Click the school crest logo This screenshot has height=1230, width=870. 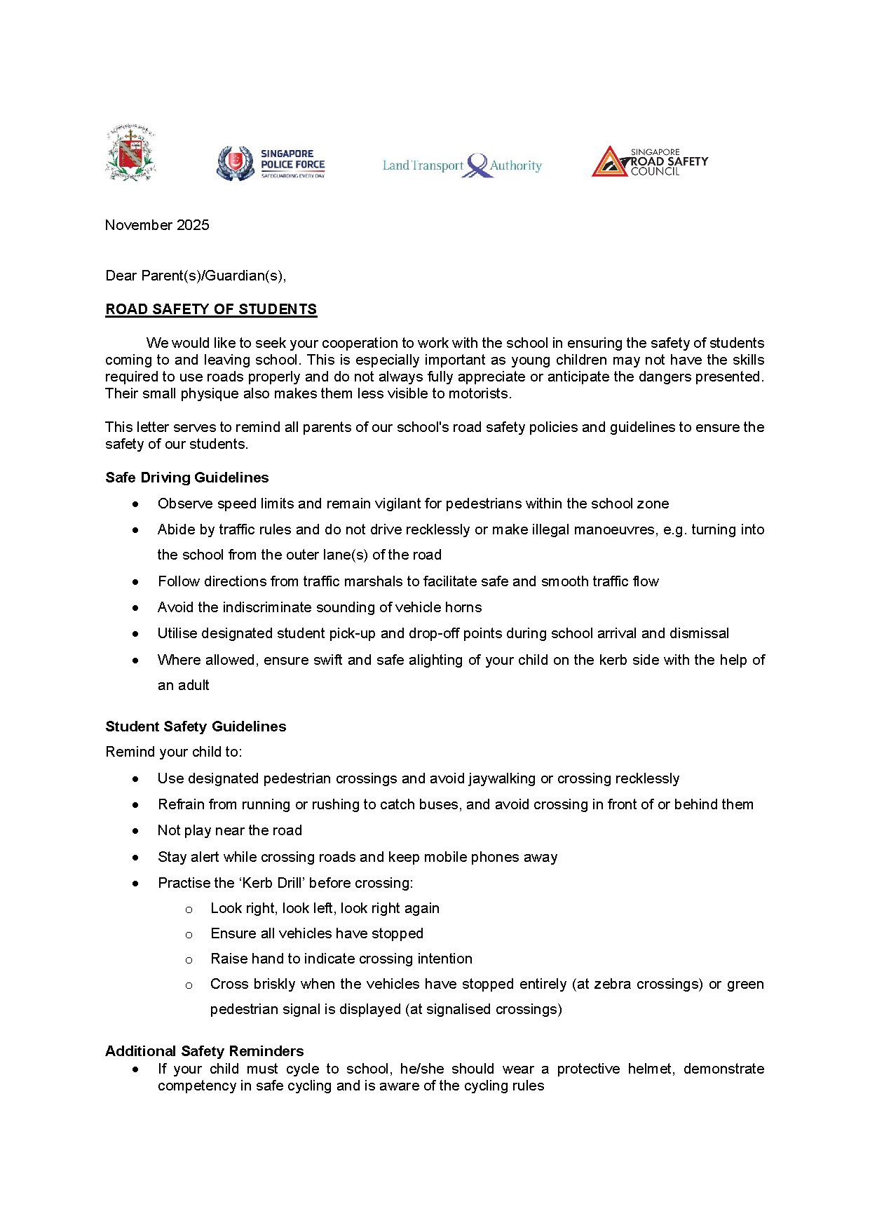click(130, 153)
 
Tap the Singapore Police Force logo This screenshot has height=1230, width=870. click(271, 164)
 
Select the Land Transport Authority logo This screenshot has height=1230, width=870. click(462, 165)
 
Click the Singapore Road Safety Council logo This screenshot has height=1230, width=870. click(649, 161)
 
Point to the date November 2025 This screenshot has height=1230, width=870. click(157, 225)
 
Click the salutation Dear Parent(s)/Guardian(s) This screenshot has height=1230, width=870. click(196, 276)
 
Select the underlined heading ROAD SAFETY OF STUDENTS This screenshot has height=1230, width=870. click(211, 309)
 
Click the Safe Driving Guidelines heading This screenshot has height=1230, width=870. click(187, 478)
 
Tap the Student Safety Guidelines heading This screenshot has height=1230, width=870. click(196, 726)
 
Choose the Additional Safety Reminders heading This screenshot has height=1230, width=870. click(205, 1051)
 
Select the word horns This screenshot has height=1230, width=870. click(463, 607)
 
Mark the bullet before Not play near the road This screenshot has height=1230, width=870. click(135, 831)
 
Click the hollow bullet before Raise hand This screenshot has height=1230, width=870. click(189, 960)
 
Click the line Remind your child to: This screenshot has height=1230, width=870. click(174, 752)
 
